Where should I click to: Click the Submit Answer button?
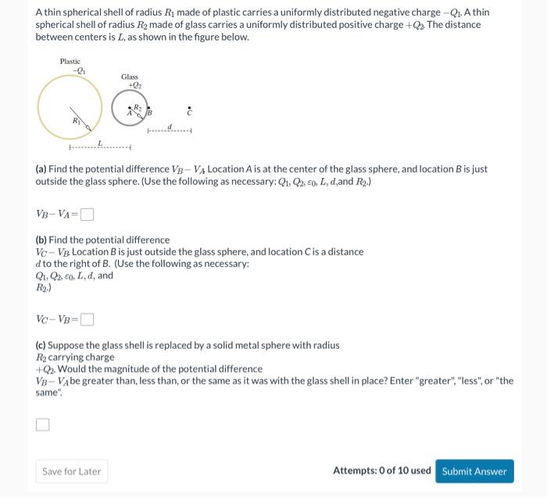(474, 471)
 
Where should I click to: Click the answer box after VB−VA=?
(87, 214)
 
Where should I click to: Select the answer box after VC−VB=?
(87, 318)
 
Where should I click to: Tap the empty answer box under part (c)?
(42, 425)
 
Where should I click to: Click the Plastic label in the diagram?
(70, 62)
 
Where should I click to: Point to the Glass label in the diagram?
(130, 76)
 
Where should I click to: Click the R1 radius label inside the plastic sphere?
(76, 121)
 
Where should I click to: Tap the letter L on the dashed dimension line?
(99, 142)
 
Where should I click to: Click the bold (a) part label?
(41, 169)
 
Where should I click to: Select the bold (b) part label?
(41, 240)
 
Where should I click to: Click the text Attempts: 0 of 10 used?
(381, 471)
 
